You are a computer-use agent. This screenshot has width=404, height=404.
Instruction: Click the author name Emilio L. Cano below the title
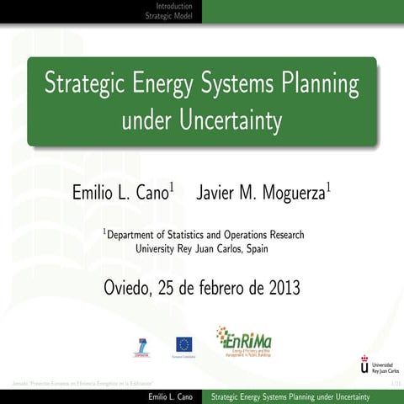pyautogui.click(x=121, y=193)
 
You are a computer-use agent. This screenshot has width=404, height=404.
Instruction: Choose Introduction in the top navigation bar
pyautogui.click(x=173, y=6)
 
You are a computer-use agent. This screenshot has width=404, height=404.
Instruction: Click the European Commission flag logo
pyautogui.click(x=183, y=345)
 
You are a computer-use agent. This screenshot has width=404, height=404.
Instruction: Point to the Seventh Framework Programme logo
pyautogui.click(x=141, y=347)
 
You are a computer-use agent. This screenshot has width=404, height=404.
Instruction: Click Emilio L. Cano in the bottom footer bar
pyautogui.click(x=171, y=396)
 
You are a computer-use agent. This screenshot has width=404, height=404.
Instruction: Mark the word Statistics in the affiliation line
pyautogui.click(x=194, y=235)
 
